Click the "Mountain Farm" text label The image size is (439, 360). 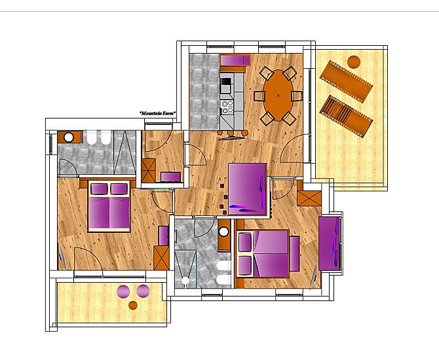click(158, 113)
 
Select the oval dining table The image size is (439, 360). click(278, 95)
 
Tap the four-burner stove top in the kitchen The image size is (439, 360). click(227, 107)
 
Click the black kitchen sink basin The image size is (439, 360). click(226, 81)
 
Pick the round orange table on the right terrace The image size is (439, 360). click(354, 62)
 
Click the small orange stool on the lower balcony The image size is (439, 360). click(133, 306)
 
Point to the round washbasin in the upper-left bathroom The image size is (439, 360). click(69, 137)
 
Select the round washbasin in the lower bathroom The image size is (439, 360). click(223, 232)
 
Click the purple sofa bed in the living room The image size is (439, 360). click(247, 189)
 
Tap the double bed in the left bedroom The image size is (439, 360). click(109, 206)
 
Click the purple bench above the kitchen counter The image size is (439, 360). click(235, 60)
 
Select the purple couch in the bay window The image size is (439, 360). click(330, 243)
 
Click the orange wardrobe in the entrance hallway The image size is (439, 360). click(148, 170)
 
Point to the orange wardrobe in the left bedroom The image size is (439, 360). click(162, 258)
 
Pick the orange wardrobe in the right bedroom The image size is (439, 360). click(309, 198)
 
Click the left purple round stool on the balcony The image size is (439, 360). click(123, 291)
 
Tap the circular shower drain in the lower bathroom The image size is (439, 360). click(185, 281)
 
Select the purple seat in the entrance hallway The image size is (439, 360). click(171, 177)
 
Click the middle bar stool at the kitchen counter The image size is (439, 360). click(231, 133)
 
